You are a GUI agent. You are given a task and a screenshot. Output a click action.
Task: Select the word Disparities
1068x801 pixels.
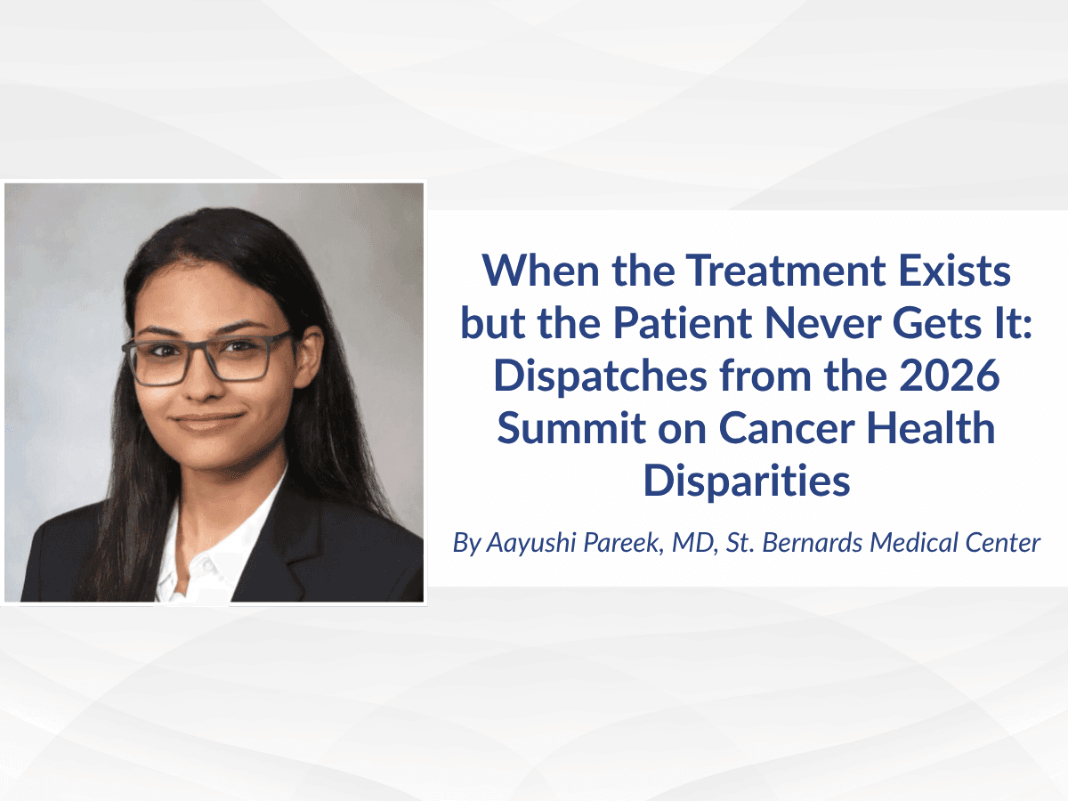747,481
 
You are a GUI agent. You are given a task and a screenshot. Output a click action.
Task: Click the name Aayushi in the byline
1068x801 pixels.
531,543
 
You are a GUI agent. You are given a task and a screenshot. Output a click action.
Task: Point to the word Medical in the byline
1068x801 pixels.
902,542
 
